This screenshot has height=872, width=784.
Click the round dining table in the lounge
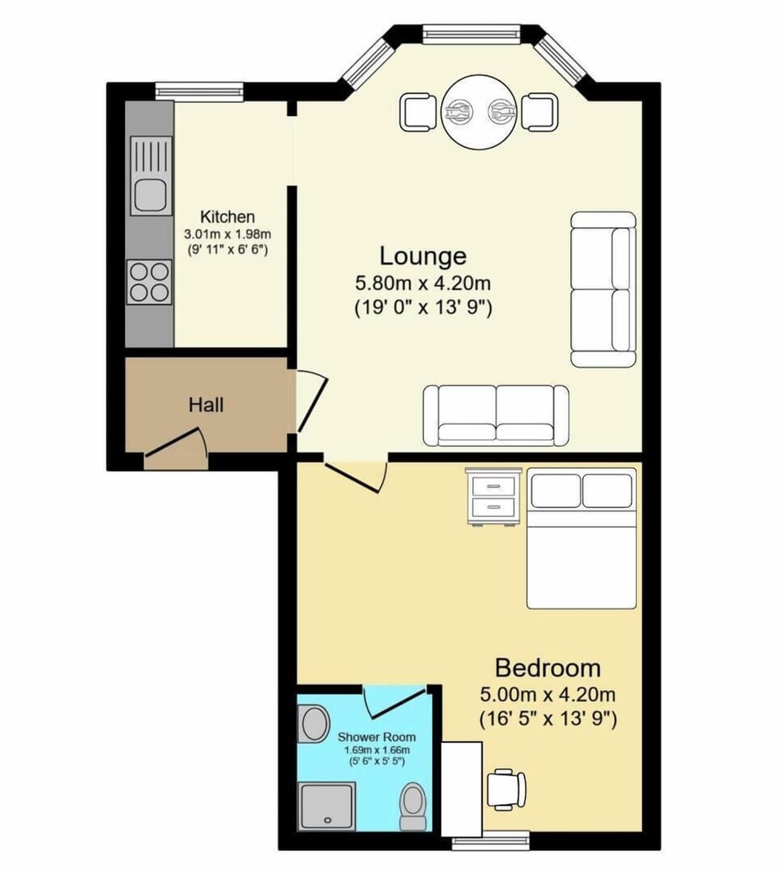(x=478, y=112)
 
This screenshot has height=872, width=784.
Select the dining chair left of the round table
(x=417, y=112)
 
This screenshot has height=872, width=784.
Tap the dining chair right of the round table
(x=539, y=112)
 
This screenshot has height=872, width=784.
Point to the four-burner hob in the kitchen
(x=149, y=281)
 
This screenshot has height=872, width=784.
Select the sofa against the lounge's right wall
(x=604, y=289)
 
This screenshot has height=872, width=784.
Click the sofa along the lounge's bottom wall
(x=496, y=415)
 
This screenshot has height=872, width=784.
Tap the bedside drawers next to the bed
(x=493, y=496)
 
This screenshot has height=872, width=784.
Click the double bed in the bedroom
(x=581, y=538)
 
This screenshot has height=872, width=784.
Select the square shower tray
(x=327, y=806)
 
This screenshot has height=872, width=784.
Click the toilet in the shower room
(x=414, y=806)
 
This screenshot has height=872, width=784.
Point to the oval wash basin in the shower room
(x=312, y=723)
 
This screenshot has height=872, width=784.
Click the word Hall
(x=206, y=404)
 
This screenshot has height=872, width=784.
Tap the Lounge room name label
(x=422, y=256)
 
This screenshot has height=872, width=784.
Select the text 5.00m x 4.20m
(x=547, y=695)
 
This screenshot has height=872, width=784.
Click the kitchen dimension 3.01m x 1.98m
(x=228, y=234)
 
